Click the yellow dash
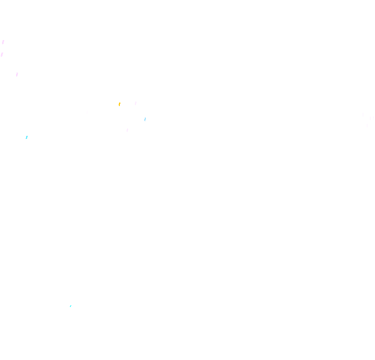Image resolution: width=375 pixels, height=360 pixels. pos(119,105)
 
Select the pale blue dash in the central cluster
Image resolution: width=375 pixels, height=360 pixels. pos(145,119)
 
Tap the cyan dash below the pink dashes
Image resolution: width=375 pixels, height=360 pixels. pos(27,137)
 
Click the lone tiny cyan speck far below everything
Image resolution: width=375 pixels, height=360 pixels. pos(70,306)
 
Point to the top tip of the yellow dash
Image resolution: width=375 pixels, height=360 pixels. pos(120,103)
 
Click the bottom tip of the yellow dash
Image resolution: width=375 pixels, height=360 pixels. pos(119,106)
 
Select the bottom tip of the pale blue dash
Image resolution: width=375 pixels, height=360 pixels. pos(144,121)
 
